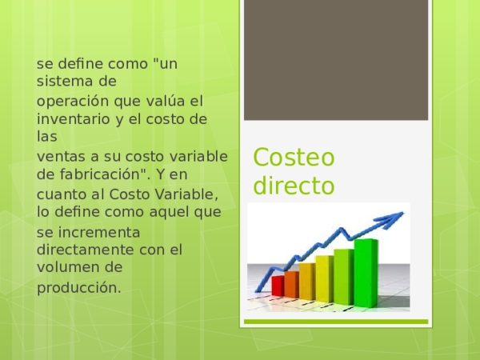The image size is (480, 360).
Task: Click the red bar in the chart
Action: pyautogui.click(x=278, y=286)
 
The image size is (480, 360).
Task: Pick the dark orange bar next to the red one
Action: pyautogui.click(x=291, y=283)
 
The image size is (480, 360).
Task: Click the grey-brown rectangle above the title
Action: pyautogui.click(x=335, y=61)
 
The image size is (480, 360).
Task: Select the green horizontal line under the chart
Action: pyautogui.click(x=335, y=322)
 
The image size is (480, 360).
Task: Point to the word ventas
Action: pyautogui.click(x=59, y=155)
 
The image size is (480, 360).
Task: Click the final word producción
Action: pyautogui.click(x=79, y=287)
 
